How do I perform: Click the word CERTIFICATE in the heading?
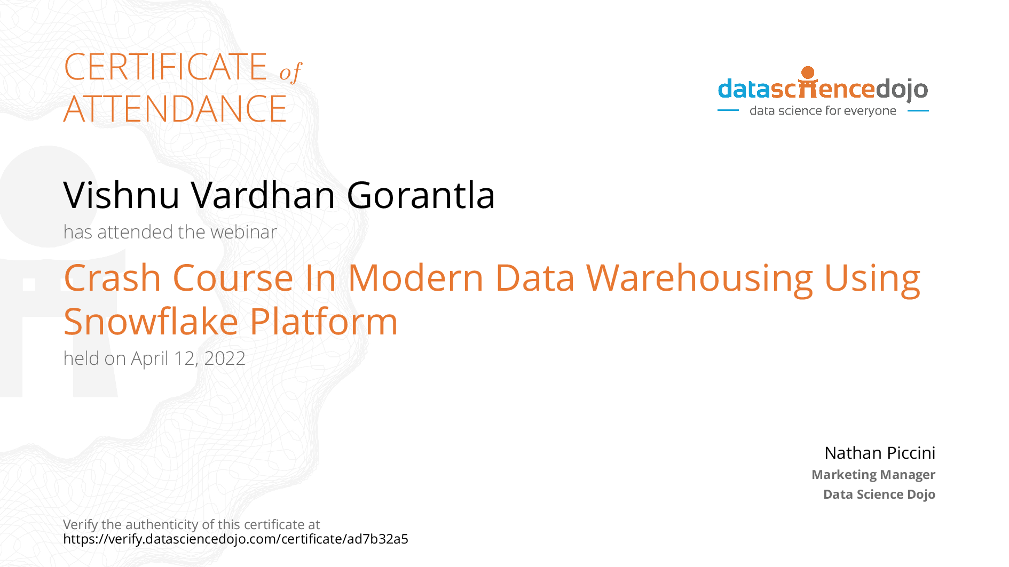pyautogui.click(x=165, y=67)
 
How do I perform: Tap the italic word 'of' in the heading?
pyautogui.click(x=291, y=72)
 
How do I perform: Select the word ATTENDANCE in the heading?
pyautogui.click(x=175, y=109)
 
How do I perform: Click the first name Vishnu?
pyautogui.click(x=122, y=195)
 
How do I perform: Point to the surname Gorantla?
pyautogui.click(x=421, y=195)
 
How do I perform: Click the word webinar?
pyautogui.click(x=244, y=232)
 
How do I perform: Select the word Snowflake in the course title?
pyautogui.click(x=151, y=322)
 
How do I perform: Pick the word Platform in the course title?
pyautogui.click(x=324, y=322)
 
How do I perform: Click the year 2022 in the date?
pyautogui.click(x=225, y=358)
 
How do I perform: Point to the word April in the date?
pyautogui.click(x=149, y=359)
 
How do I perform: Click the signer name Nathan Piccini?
pyautogui.click(x=880, y=453)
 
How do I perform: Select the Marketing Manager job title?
pyautogui.click(x=873, y=475)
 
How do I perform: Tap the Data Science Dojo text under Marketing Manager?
pyautogui.click(x=879, y=494)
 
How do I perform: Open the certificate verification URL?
pyautogui.click(x=235, y=539)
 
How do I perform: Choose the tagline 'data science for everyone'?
pyautogui.click(x=823, y=111)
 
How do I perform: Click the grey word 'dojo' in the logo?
pyautogui.click(x=902, y=90)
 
